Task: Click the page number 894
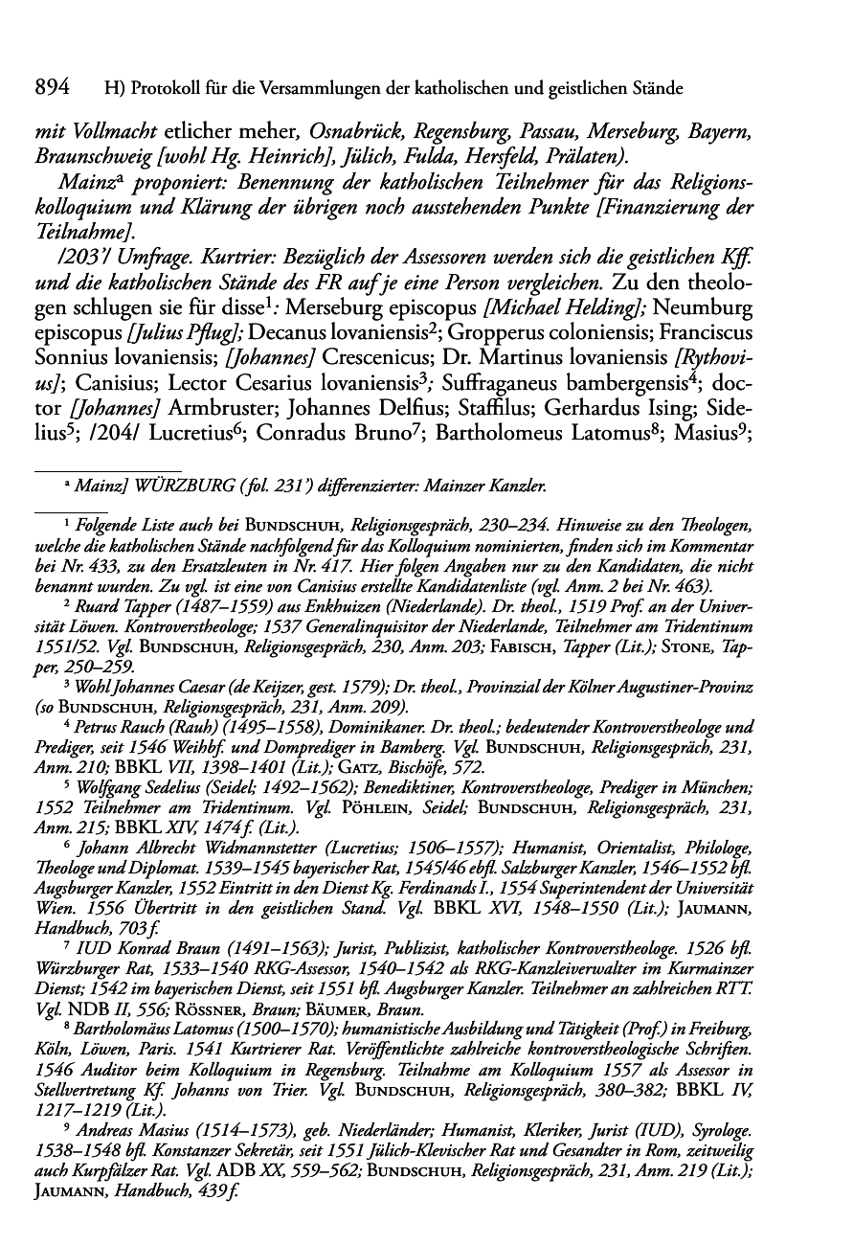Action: tap(53, 89)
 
